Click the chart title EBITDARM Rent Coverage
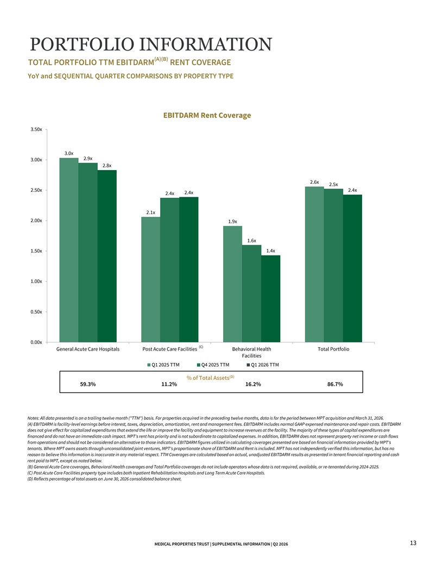(x=207, y=115)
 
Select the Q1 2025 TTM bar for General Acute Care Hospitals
(x=69, y=250)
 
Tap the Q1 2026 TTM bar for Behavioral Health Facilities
(x=271, y=299)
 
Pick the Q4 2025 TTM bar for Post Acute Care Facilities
(x=169, y=270)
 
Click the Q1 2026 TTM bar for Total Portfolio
(x=352, y=269)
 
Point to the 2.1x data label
(x=150, y=213)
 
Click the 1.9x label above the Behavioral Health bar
(x=232, y=221)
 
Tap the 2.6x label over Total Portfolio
(x=314, y=182)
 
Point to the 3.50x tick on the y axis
(x=36, y=129)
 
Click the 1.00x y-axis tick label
(x=36, y=282)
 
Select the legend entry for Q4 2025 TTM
(x=213, y=365)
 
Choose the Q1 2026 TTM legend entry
(x=263, y=365)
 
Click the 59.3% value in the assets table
(x=88, y=384)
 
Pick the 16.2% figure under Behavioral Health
(x=253, y=384)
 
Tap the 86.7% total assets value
(x=335, y=384)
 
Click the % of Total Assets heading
(x=210, y=377)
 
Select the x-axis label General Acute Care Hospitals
(x=88, y=349)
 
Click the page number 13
(x=413, y=543)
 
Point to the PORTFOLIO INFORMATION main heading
(x=151, y=44)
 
